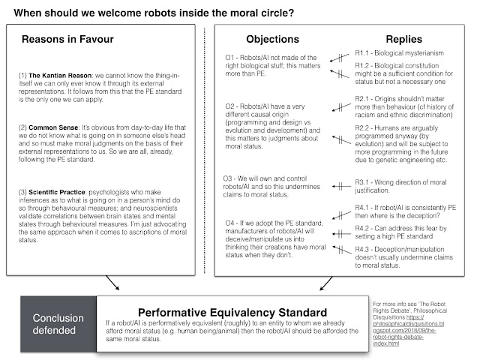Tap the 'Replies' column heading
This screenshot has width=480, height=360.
point(397,38)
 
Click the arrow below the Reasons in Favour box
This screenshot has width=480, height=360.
point(114,283)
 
